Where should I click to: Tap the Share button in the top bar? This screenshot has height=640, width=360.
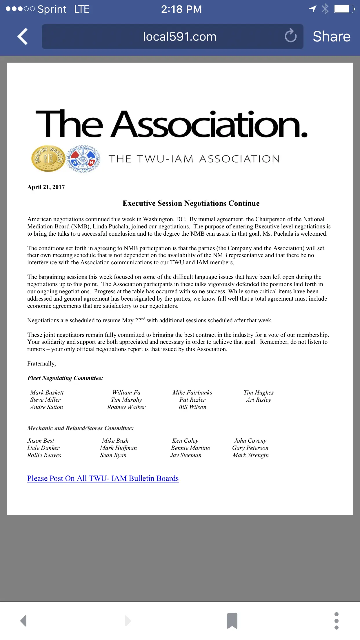pyautogui.click(x=331, y=37)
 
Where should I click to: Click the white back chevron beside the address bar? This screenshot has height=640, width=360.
pyautogui.click(x=23, y=37)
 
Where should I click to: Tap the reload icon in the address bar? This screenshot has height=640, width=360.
pyautogui.click(x=290, y=36)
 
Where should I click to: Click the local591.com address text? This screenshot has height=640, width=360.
pyautogui.click(x=179, y=37)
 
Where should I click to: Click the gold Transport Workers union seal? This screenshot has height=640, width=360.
pyautogui.click(x=48, y=159)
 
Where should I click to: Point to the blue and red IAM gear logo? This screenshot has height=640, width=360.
pyautogui.click(x=83, y=159)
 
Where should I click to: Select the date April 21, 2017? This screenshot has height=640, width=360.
pyautogui.click(x=46, y=187)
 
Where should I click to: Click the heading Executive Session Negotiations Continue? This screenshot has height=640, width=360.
pyautogui.click(x=191, y=203)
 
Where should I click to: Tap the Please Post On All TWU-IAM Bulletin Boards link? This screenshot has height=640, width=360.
pyautogui.click(x=103, y=478)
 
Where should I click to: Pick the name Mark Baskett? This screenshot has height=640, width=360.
pyautogui.click(x=47, y=392)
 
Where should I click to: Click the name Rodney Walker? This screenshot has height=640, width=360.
pyautogui.click(x=126, y=407)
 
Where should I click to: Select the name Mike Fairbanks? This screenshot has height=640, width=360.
pyautogui.click(x=192, y=392)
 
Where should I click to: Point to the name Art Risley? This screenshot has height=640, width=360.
pyautogui.click(x=259, y=400)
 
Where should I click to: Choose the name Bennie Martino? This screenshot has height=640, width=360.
pyautogui.click(x=191, y=448)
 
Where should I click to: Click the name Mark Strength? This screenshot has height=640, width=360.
pyautogui.click(x=250, y=455)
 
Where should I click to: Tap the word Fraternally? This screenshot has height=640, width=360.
pyautogui.click(x=41, y=363)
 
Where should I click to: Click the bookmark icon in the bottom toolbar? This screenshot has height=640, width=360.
pyautogui.click(x=232, y=621)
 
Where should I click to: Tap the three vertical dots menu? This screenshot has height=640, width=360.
pyautogui.click(x=336, y=621)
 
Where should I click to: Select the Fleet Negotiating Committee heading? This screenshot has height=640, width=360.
pyautogui.click(x=65, y=378)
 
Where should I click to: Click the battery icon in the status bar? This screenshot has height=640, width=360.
pyautogui.click(x=344, y=9)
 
